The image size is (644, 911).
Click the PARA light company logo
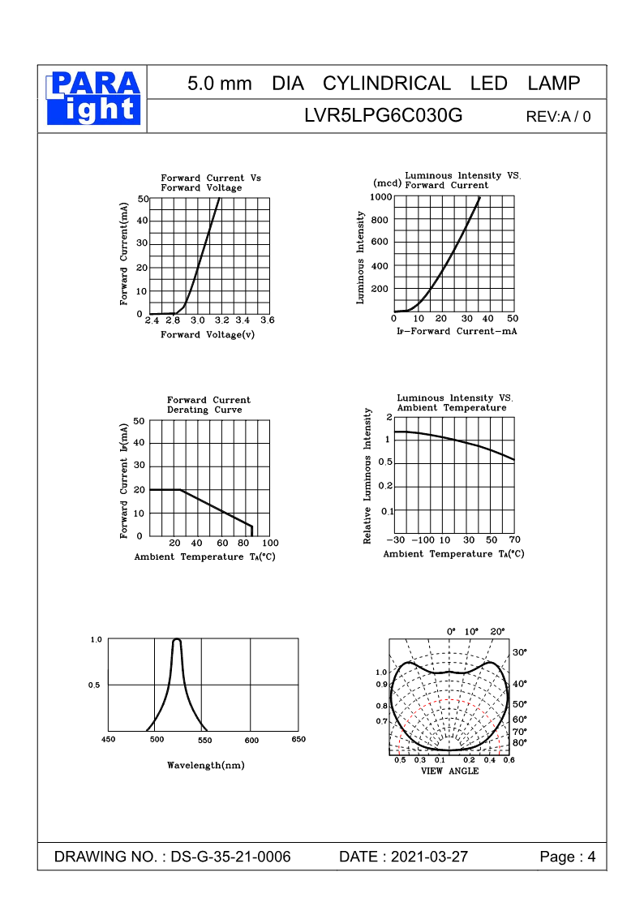click(x=94, y=98)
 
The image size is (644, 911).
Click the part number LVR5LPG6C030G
click(x=383, y=115)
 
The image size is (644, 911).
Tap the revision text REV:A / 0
click(x=558, y=116)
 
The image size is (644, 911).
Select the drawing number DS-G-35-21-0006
click(x=231, y=857)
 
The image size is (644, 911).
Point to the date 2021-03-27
click(x=429, y=857)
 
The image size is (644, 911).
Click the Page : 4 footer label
click(x=568, y=857)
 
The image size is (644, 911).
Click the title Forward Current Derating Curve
click(x=208, y=405)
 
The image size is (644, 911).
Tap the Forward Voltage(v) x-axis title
click(x=208, y=335)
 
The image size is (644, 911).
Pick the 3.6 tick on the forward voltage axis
click(x=267, y=320)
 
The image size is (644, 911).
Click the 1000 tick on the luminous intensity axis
click(x=380, y=197)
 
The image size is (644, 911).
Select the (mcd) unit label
click(x=388, y=183)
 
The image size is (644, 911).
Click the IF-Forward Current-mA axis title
click(x=456, y=332)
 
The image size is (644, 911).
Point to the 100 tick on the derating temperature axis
click(x=271, y=543)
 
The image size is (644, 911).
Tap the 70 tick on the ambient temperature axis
click(x=514, y=540)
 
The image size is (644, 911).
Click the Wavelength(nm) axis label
click(x=205, y=765)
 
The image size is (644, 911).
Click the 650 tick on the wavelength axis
click(x=298, y=740)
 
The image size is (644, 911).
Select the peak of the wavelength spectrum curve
click(x=177, y=640)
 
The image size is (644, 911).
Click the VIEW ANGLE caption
click(x=449, y=771)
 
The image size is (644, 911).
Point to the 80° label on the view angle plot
click(x=520, y=742)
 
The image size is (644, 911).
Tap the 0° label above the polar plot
click(x=452, y=631)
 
